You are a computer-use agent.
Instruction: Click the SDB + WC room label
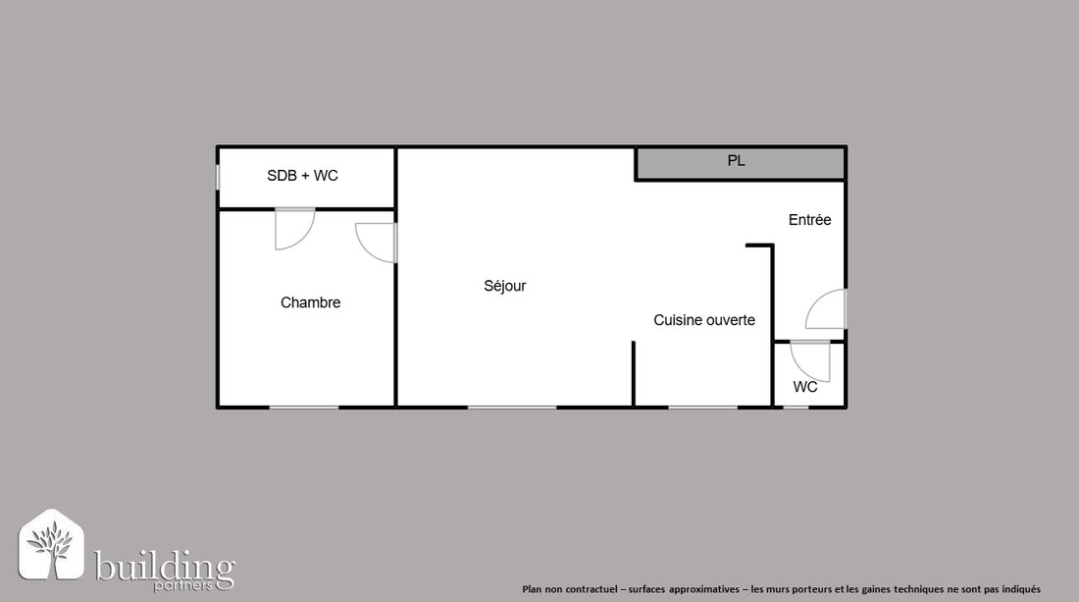[302, 176]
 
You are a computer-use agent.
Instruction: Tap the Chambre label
[310, 302]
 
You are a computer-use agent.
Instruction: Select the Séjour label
[504, 286]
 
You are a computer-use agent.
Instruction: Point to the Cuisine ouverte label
[704, 319]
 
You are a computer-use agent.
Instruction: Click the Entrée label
[809, 220]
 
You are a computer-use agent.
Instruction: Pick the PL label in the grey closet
[736, 160]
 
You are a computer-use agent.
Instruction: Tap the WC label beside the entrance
[805, 386]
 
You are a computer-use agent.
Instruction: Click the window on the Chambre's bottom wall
[303, 408]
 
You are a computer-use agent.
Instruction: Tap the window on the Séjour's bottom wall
[512, 408]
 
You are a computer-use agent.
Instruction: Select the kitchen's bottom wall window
[702, 408]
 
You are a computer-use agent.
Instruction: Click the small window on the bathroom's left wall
[218, 177]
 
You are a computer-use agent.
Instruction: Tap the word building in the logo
[165, 567]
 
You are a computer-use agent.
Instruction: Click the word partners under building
[183, 585]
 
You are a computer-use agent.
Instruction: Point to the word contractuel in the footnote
[591, 589]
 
